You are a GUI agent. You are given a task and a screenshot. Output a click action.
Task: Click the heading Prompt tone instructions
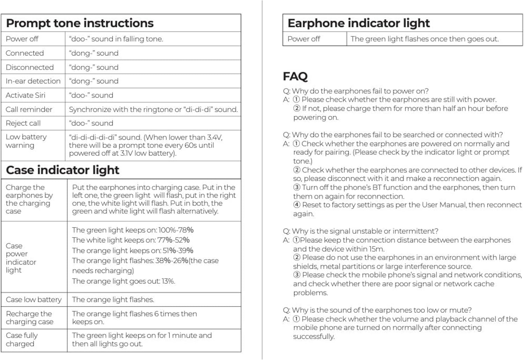click(80, 23)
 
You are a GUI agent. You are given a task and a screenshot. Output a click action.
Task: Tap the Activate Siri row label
click(26, 95)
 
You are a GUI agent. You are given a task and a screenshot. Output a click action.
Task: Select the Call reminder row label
click(29, 110)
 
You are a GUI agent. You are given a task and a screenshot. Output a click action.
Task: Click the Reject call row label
click(23, 123)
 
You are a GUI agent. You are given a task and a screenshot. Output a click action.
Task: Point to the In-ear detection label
click(33, 81)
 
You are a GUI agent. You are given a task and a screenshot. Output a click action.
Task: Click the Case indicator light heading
click(63, 170)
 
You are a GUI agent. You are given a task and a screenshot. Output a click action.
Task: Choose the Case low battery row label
click(34, 300)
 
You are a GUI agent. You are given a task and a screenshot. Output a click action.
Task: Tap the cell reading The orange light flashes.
click(113, 300)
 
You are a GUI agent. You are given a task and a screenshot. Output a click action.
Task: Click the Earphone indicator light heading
click(358, 23)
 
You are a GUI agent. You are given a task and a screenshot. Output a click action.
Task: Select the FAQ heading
click(295, 76)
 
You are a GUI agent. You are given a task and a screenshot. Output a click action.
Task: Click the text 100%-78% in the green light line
click(176, 230)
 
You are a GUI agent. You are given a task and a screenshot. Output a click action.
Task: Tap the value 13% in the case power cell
click(168, 281)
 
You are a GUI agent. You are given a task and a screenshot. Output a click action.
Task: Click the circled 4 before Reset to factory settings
click(297, 205)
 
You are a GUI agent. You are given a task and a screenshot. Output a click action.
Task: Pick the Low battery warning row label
click(26, 141)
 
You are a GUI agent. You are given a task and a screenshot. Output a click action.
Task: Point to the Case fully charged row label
click(22, 339)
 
